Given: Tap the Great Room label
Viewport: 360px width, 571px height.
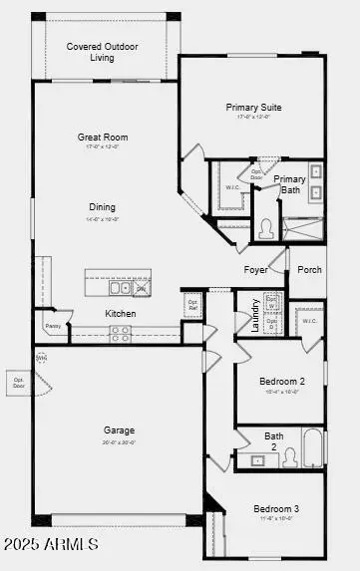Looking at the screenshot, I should tap(103, 137).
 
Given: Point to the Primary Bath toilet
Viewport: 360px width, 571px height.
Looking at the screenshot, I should tap(266, 228).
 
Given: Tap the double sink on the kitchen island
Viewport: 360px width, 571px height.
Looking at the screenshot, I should tap(120, 288).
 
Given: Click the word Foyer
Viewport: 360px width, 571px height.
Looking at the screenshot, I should tap(256, 270).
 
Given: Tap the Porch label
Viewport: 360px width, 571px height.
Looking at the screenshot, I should tap(309, 269).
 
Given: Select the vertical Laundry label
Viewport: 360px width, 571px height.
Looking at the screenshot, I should tap(255, 315).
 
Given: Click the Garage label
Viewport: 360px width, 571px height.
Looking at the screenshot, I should tap(119, 430).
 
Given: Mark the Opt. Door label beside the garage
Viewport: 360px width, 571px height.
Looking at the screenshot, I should tap(18, 381).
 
